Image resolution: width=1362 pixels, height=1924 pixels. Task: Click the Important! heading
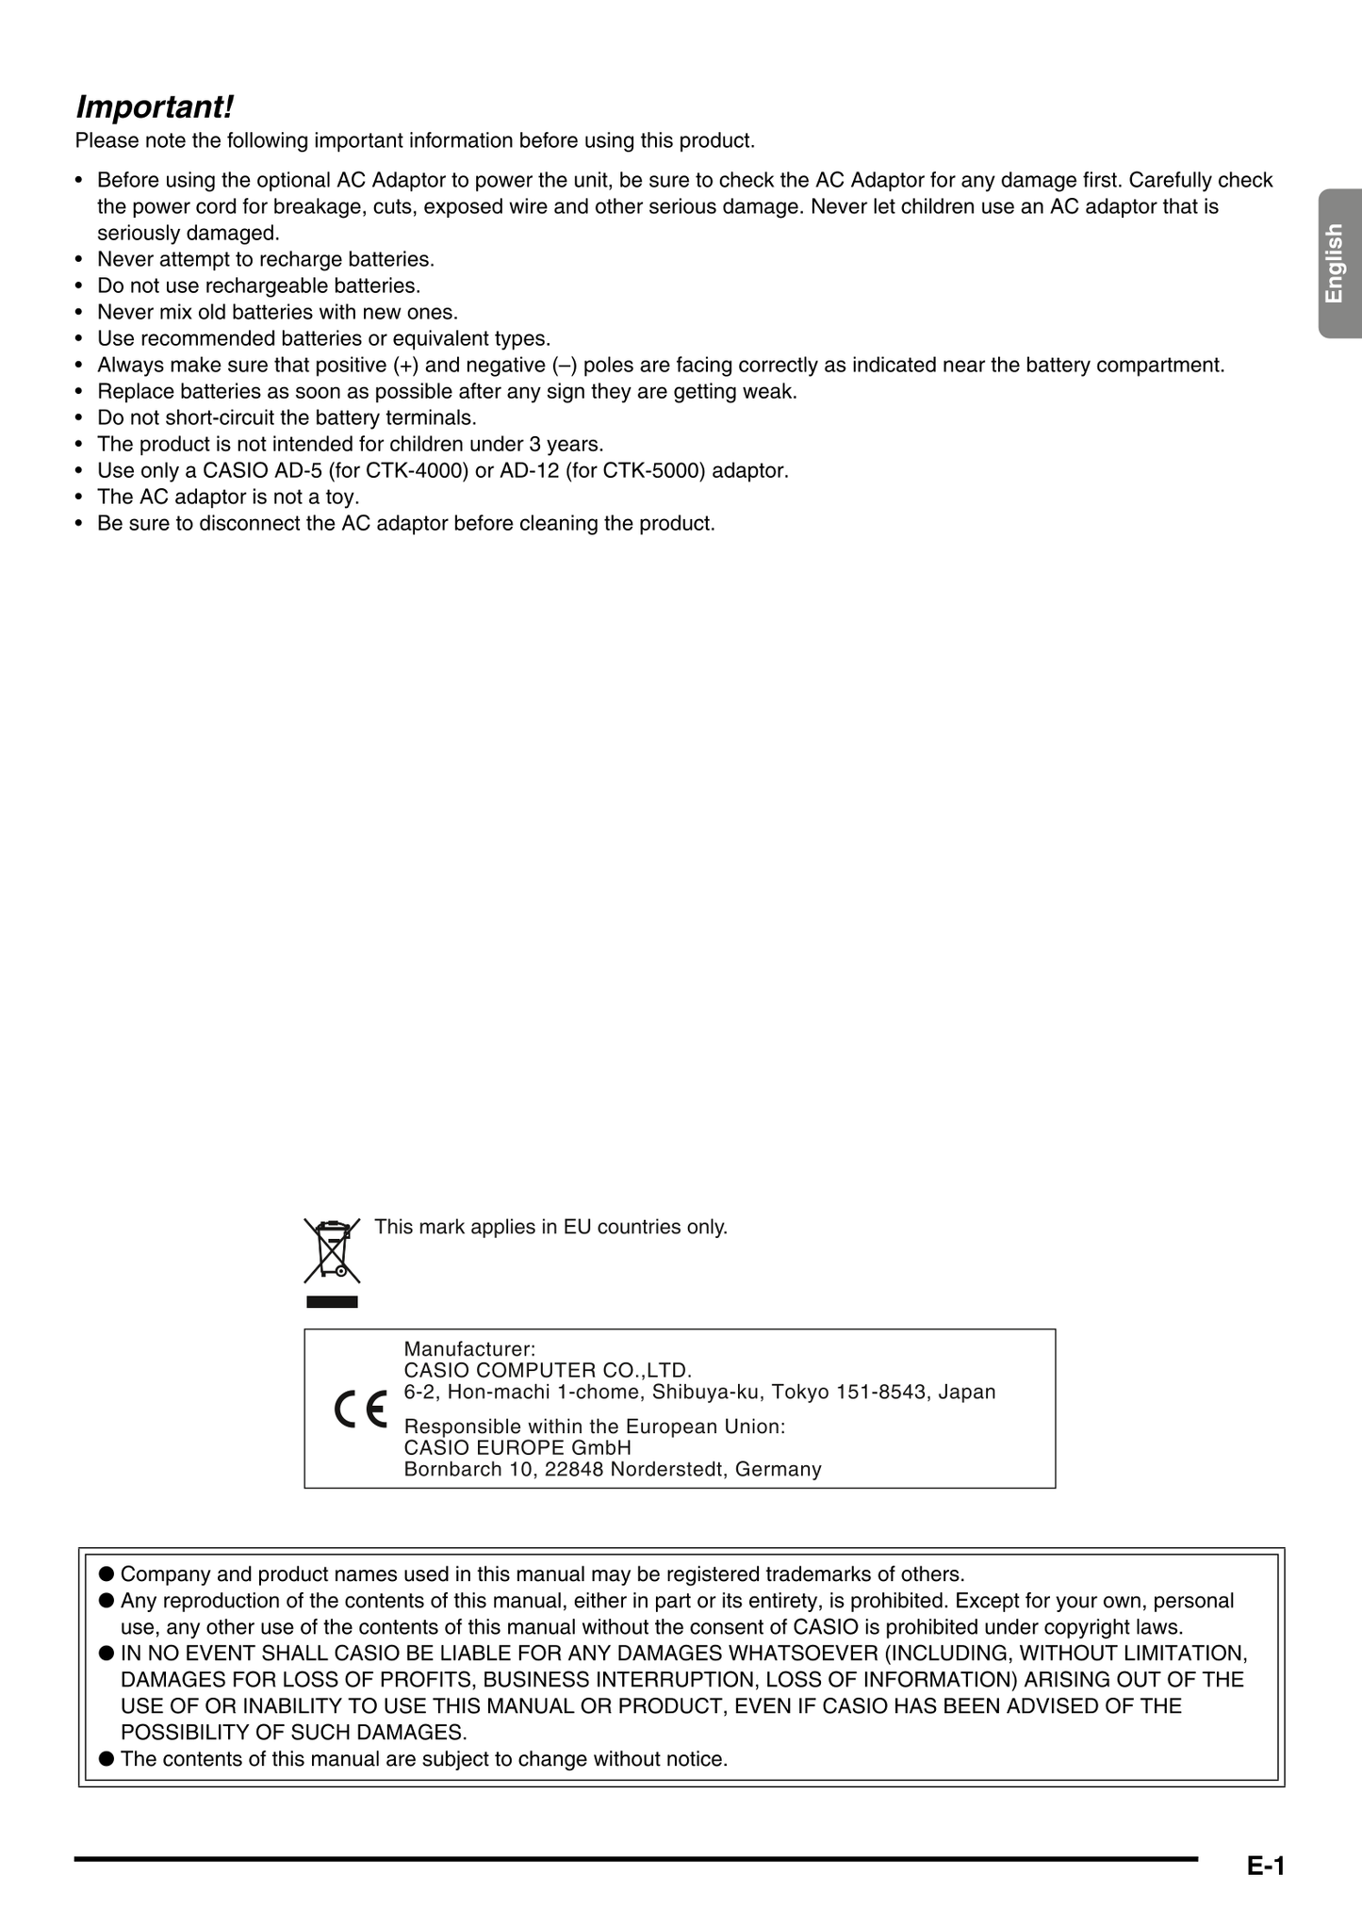(154, 107)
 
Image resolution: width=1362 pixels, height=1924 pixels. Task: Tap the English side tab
(1334, 263)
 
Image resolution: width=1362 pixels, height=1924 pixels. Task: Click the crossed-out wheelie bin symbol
(332, 1250)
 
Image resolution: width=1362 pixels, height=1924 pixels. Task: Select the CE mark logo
(361, 1410)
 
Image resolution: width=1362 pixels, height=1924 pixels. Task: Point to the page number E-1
(1265, 1866)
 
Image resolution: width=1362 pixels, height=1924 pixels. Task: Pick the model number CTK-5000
(654, 470)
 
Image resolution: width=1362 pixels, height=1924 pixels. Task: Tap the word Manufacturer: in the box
(469, 1349)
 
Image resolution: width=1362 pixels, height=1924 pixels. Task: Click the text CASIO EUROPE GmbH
(517, 1447)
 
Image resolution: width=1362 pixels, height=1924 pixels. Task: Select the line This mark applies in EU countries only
(550, 1227)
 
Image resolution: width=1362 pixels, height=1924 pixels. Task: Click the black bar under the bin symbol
(332, 1302)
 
